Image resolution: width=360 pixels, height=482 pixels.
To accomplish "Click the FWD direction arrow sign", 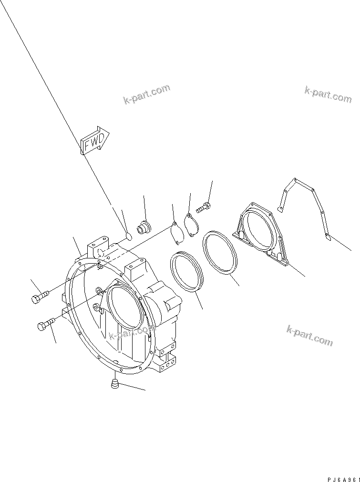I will point(94,141).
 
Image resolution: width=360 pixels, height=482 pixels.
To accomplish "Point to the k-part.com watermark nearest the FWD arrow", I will point(146,94).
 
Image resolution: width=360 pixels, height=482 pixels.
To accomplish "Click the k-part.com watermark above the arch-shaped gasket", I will point(328,94).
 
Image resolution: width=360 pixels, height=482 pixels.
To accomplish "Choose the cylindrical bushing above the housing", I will point(144,227).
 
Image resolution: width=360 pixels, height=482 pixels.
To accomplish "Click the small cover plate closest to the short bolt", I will point(191,226).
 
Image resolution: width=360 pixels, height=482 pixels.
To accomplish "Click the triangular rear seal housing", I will point(260,231).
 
